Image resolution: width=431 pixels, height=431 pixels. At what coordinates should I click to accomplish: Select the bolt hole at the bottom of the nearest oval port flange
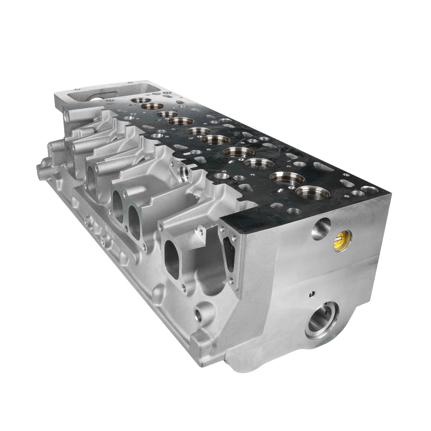[184, 287]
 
